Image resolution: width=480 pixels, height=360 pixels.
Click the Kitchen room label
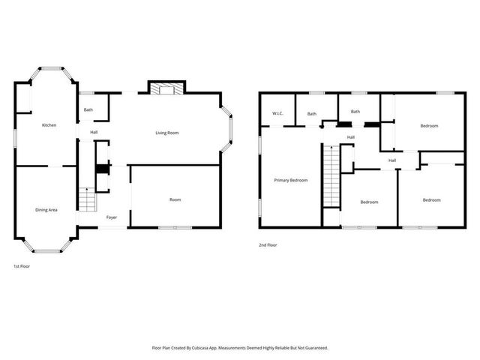pos(49,125)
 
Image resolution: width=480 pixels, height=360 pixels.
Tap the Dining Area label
pos(46,210)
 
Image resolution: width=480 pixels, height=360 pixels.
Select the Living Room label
pos(166,133)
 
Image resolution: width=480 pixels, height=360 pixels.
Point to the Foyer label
pos(111,217)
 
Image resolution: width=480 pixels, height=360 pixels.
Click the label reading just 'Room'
pos(175,199)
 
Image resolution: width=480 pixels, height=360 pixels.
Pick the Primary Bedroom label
pos(290,180)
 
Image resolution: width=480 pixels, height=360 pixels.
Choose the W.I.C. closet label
pos(276,114)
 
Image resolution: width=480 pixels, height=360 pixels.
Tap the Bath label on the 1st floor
pos(88,110)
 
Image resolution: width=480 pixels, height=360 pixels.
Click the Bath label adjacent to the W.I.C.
pos(311,114)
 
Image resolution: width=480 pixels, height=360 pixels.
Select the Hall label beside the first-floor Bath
pos(94,133)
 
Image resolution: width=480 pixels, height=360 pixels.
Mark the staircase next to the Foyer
pos(88,201)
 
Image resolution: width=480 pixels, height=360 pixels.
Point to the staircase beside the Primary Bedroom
pos(330,177)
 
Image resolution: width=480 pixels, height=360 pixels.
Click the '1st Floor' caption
pos(22,266)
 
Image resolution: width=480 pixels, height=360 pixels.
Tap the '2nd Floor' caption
pos(268,244)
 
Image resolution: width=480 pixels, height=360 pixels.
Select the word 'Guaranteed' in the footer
pos(313,348)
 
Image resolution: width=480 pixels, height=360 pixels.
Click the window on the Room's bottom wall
pos(175,226)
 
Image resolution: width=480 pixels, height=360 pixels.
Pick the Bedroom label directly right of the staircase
pos(369,202)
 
